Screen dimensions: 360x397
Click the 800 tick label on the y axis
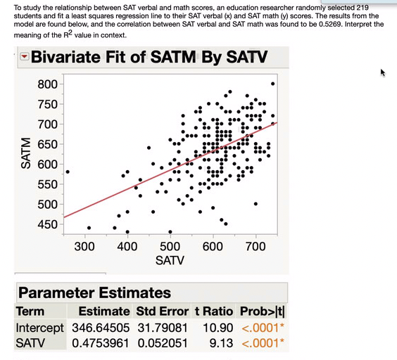(48, 84)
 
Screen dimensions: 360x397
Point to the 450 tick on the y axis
(48, 224)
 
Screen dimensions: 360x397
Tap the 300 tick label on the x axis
(84, 247)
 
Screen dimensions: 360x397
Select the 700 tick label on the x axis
(255, 247)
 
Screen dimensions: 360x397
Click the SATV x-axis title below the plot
(169, 261)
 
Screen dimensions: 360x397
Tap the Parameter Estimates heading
(94, 292)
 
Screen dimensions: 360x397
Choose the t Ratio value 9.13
(211, 342)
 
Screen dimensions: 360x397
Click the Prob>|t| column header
(260, 311)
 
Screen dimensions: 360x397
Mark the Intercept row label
(39, 328)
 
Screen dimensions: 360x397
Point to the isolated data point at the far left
(68, 172)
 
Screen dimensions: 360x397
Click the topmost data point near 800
(272, 84)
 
